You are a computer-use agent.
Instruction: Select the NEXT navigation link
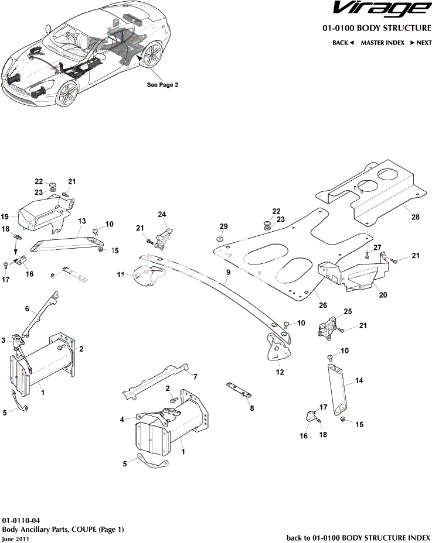click(x=421, y=43)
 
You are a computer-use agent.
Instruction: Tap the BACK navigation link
click(x=343, y=43)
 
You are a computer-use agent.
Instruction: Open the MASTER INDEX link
click(x=382, y=43)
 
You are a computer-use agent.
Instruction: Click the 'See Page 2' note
click(x=162, y=84)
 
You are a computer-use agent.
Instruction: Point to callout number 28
click(x=415, y=217)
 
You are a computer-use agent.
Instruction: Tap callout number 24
click(x=162, y=215)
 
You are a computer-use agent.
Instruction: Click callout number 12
click(x=279, y=372)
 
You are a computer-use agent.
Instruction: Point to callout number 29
click(x=223, y=226)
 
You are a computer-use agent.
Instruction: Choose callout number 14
click(x=359, y=381)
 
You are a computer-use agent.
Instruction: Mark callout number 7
click(x=195, y=376)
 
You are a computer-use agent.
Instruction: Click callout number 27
click(x=377, y=247)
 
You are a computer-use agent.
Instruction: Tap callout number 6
click(x=27, y=308)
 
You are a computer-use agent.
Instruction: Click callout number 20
click(x=383, y=295)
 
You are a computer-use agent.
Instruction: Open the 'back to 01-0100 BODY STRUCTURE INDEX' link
click(x=358, y=537)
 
